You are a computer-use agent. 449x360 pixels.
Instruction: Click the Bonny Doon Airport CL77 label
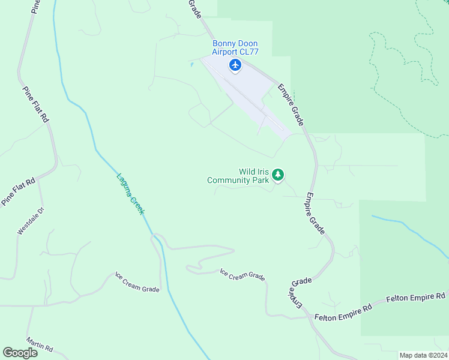[235, 47]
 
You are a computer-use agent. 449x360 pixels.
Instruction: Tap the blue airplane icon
[235, 65]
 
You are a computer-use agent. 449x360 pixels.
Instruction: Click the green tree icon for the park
[277, 175]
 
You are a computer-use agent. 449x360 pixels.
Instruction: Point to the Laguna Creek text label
[131, 196]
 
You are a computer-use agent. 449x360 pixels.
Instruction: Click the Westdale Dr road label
[31, 221]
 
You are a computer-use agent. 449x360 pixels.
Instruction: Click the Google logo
[20, 353]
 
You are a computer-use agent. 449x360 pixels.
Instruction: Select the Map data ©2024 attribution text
[423, 355]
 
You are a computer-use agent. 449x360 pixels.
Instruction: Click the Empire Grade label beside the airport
[291, 104]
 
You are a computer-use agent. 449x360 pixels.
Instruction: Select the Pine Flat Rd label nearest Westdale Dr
[18, 191]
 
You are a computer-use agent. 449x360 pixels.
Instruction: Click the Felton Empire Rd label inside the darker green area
[416, 298]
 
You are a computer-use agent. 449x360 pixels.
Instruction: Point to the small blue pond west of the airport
[192, 64]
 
